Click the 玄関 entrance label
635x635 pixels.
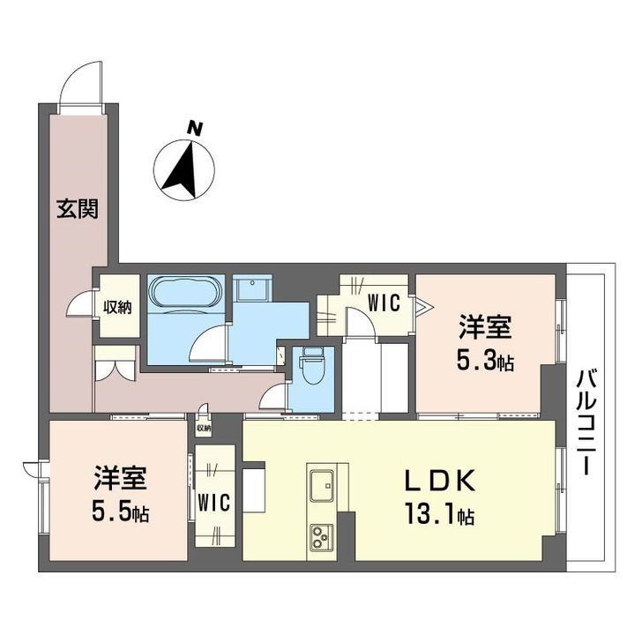point(78,209)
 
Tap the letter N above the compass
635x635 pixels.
point(195,129)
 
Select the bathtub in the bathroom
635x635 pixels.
point(185,293)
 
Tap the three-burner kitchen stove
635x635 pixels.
point(322,536)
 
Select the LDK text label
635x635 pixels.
point(440,481)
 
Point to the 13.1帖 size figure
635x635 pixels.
point(440,515)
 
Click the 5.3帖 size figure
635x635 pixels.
point(485,362)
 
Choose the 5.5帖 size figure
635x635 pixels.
point(121,512)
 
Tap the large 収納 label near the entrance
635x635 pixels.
point(117,308)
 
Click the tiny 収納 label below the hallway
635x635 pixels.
point(204,428)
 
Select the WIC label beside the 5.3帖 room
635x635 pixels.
point(384,303)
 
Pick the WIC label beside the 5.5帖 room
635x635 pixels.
point(214,503)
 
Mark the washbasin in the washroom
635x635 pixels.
point(252,288)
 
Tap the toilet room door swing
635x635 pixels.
point(273,396)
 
